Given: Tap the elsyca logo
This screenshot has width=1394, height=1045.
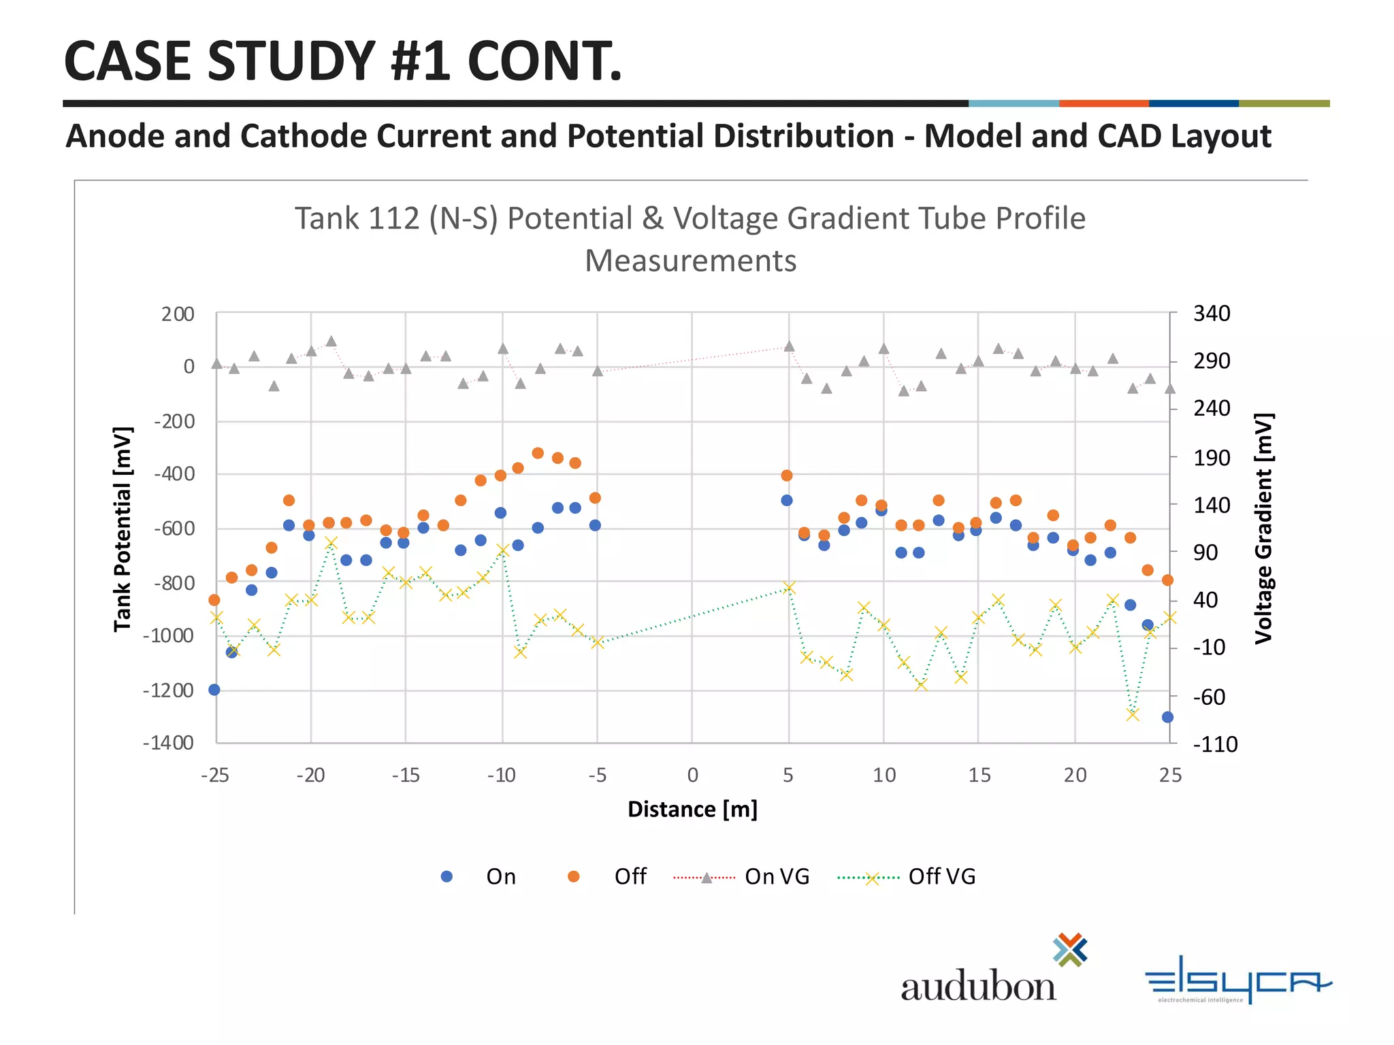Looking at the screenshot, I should (1237, 980).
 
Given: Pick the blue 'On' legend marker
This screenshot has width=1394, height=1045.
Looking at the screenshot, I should (447, 877).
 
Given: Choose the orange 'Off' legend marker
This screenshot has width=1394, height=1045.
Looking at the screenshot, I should (574, 877).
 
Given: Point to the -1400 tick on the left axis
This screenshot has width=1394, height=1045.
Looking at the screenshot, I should (169, 743).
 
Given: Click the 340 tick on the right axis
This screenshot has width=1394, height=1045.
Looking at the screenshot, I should (1212, 314).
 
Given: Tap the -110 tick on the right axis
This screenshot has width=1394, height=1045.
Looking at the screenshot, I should (1215, 745).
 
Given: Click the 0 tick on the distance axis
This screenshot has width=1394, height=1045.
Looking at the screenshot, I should (692, 776).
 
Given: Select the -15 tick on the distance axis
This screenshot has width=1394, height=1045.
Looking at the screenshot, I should (405, 776).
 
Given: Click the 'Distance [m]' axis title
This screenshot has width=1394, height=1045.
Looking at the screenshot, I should (692, 810).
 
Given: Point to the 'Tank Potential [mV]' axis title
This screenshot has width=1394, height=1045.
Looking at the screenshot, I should (123, 529).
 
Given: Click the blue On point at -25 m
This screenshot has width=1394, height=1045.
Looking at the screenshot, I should (214, 690).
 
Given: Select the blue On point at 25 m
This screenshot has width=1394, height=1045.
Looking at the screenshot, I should (1168, 717).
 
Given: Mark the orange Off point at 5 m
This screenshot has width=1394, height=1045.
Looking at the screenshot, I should (787, 476).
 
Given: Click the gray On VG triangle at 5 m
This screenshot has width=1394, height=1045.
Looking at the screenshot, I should (790, 346).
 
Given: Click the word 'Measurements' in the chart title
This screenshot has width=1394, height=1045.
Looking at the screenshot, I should (690, 261).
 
